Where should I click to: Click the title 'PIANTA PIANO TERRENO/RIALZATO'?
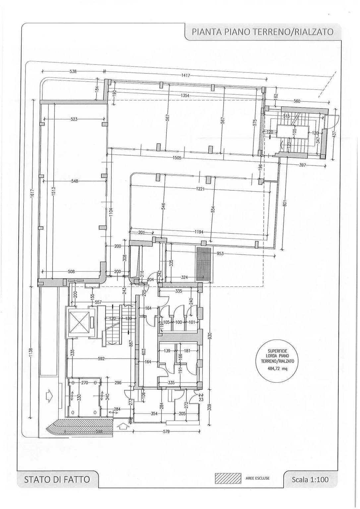tap(262, 32)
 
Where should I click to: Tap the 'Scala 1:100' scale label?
tap(310, 479)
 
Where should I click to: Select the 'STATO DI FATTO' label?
tap(57, 479)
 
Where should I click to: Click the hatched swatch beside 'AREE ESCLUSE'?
tap(228, 478)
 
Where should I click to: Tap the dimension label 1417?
tap(186, 76)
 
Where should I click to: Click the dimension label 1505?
tap(177, 158)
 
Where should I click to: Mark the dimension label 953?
tap(220, 254)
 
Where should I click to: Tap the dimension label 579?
tap(166, 431)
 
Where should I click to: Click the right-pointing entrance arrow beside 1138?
tap(48, 396)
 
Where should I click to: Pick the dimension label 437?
tap(334, 133)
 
